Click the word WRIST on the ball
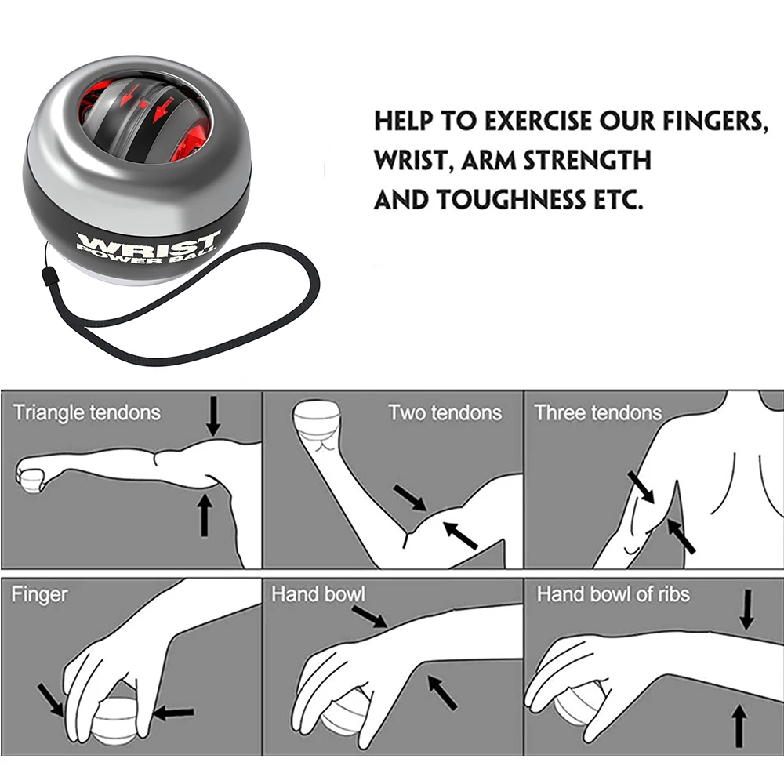point(150,238)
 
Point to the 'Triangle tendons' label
point(86,412)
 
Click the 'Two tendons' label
point(445,412)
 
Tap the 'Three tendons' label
point(597,412)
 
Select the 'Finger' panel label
point(39,594)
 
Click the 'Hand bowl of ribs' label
point(613,594)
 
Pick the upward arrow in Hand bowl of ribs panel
point(737,725)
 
